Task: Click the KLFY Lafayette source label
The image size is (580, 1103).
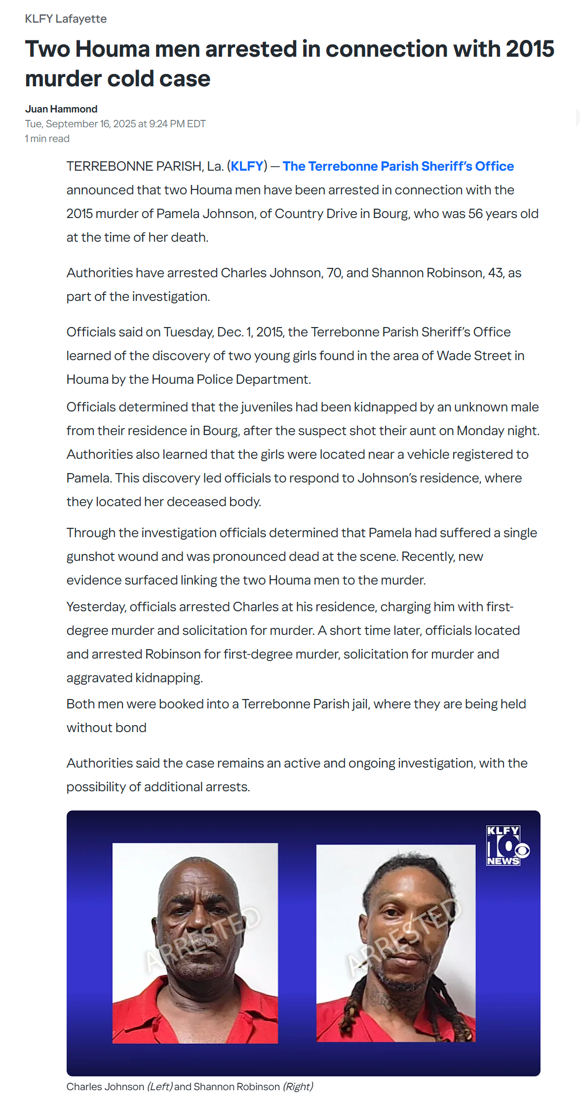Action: pos(66,19)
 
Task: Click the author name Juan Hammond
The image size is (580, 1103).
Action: pos(61,109)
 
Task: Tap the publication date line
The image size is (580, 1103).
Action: pos(115,124)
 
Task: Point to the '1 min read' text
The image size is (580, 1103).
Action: pos(47,139)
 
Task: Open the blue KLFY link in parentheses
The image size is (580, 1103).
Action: pos(247,166)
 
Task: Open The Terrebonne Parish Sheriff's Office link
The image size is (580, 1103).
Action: pos(398,166)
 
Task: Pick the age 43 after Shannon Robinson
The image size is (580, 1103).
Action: pos(495,273)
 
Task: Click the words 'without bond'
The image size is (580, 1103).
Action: pos(106,728)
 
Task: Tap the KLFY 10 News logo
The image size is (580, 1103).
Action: pos(506,846)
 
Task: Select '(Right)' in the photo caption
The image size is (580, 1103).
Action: pos(298,1087)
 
